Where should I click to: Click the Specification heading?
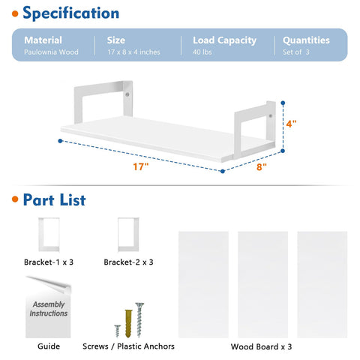click(x=71, y=13)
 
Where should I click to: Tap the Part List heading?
click(x=55, y=200)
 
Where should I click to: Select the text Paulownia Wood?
click(x=51, y=52)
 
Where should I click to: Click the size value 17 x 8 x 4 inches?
click(x=133, y=52)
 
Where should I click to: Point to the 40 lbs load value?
click(x=202, y=52)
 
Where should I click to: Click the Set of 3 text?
click(x=296, y=52)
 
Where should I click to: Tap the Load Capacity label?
click(x=224, y=40)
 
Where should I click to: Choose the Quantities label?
click(x=306, y=40)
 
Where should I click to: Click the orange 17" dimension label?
click(x=141, y=166)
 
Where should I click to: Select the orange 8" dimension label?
click(x=262, y=166)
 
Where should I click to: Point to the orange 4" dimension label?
click(x=291, y=124)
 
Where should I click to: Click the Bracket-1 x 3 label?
click(x=49, y=262)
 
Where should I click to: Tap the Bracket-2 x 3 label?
click(x=128, y=262)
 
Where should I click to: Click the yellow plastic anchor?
click(x=128, y=323)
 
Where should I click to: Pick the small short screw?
click(x=118, y=331)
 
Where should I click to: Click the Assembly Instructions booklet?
click(x=48, y=307)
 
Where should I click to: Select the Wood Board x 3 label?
click(x=261, y=346)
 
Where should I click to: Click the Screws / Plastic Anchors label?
click(x=128, y=346)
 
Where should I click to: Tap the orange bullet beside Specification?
click(x=15, y=13)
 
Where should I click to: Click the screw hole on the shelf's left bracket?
click(x=127, y=94)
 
